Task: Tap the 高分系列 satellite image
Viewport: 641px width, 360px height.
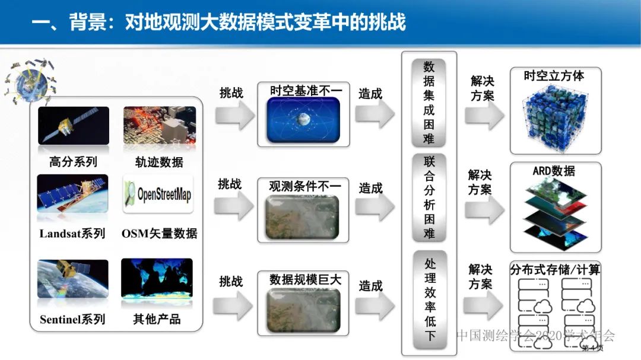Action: (x=74, y=126)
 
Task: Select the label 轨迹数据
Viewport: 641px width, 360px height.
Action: (x=159, y=162)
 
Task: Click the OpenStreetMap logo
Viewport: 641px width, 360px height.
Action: (x=158, y=194)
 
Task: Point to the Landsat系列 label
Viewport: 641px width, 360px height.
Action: (x=72, y=234)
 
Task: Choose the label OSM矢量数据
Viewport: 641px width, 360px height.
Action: (x=159, y=234)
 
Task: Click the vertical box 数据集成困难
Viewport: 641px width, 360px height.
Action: (x=429, y=103)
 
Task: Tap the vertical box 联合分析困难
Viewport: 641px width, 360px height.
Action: (x=429, y=197)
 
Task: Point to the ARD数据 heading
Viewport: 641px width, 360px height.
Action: (x=553, y=171)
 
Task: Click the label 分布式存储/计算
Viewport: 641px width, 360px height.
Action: (x=555, y=270)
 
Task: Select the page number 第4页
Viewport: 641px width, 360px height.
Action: (x=592, y=348)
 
